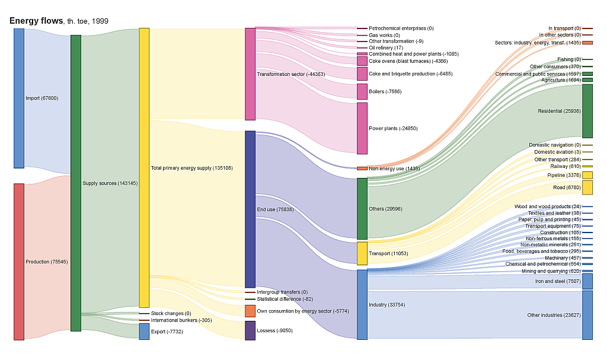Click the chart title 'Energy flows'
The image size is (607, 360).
tap(36, 21)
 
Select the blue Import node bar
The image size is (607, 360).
tap(19, 98)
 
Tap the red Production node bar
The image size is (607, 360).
tap(19, 262)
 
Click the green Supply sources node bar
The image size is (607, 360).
tap(75, 183)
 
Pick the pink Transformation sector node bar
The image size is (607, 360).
tap(250, 74)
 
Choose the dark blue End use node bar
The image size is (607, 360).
tap(250, 209)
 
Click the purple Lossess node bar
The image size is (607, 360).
tap(250, 330)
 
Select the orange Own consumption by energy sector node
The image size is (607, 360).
tap(250, 311)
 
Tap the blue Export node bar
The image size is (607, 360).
tap(144, 332)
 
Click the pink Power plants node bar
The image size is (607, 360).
tap(362, 128)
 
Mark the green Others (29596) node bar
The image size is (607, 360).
tap(362, 209)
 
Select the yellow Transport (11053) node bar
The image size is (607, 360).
tap(362, 253)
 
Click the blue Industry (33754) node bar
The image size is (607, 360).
tap(362, 304)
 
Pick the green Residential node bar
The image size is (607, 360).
tap(587, 111)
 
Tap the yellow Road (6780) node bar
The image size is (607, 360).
tap(587, 187)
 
